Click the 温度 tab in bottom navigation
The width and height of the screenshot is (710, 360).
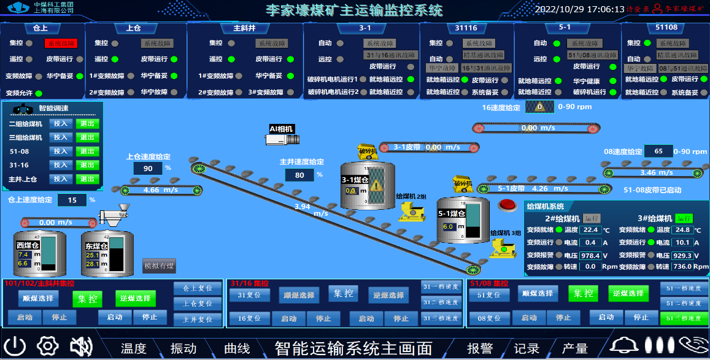(x=133, y=348)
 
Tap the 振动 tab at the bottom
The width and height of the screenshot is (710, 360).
(x=183, y=348)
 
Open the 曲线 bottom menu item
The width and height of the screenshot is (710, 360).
(x=237, y=348)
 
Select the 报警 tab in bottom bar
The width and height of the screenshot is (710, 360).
(x=480, y=348)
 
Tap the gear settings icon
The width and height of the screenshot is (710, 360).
(x=47, y=347)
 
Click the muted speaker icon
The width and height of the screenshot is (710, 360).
(x=80, y=347)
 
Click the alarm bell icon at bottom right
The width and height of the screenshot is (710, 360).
(x=625, y=346)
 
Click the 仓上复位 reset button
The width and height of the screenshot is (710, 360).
(x=197, y=288)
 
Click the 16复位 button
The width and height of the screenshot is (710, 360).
(x=250, y=318)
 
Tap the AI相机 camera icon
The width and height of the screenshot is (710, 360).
(x=283, y=139)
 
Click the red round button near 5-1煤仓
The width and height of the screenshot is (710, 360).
(x=507, y=205)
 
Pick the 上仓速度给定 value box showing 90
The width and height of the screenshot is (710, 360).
(x=147, y=169)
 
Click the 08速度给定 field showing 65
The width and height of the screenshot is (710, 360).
(x=658, y=151)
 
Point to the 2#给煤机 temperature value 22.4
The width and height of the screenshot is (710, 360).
(x=590, y=230)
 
